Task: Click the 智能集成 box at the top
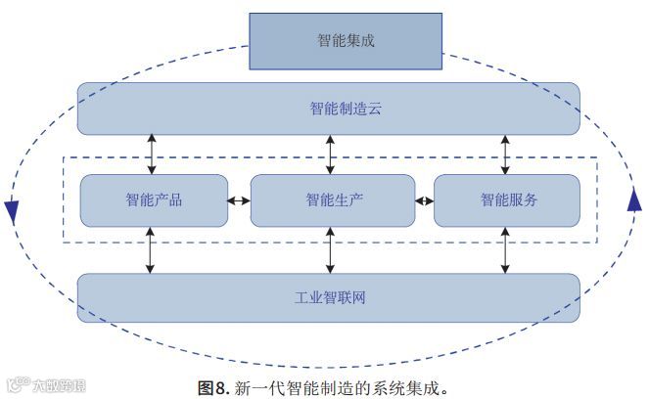pyautogui.click(x=346, y=41)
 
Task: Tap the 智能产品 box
pyautogui.click(x=154, y=200)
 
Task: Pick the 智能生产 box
pyautogui.click(x=333, y=200)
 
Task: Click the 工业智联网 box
pyautogui.click(x=329, y=297)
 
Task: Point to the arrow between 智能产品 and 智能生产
pyautogui.click(x=240, y=201)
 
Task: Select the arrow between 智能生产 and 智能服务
pyautogui.click(x=424, y=201)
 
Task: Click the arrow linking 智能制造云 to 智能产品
pyautogui.click(x=151, y=155)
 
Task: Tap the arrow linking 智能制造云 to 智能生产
pyautogui.click(x=330, y=155)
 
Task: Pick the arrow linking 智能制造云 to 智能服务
pyautogui.click(x=505, y=155)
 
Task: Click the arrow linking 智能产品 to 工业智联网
pyautogui.click(x=151, y=249)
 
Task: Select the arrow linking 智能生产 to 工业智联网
pyautogui.click(x=330, y=249)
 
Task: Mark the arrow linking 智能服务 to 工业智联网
pyautogui.click(x=505, y=249)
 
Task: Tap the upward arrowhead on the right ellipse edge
pyautogui.click(x=633, y=199)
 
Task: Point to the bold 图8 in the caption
pyautogui.click(x=214, y=387)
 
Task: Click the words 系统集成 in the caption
pyautogui.click(x=402, y=387)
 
